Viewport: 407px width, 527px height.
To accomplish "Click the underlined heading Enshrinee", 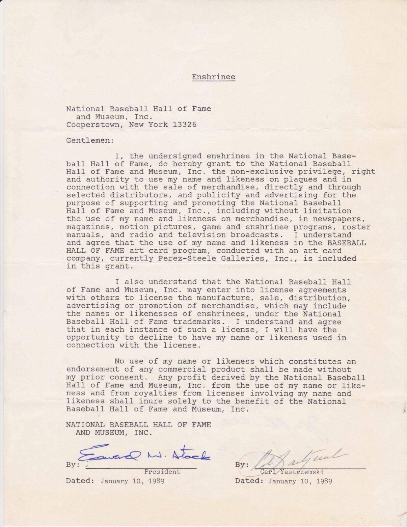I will pyautogui.click(x=213, y=77).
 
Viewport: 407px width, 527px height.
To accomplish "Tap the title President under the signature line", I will pyautogui.click(x=162, y=472).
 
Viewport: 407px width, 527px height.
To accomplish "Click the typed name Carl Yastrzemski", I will pyautogui.click(x=291, y=472).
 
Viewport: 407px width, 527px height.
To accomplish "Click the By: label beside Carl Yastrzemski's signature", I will pyautogui.click(x=242, y=465).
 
